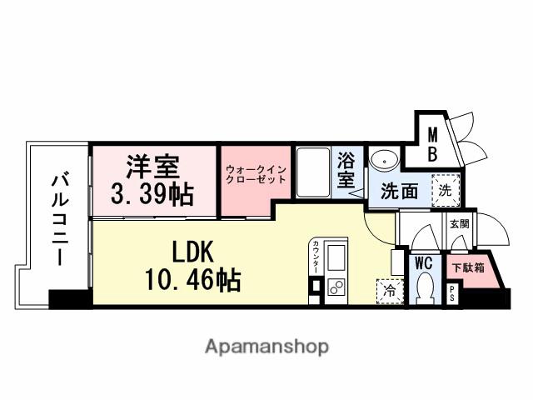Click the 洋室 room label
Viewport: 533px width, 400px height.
pos(153,166)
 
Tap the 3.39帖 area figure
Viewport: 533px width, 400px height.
pos(152,194)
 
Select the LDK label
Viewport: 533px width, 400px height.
pos(194,251)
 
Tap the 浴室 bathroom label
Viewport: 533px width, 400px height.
pos(346,169)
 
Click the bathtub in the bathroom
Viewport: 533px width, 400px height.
pos(314,171)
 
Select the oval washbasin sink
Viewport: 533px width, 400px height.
pos(384,160)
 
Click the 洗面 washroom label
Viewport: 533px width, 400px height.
pos(399,191)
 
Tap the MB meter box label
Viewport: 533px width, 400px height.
pos(434,142)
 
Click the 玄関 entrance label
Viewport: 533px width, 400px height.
pos(459,223)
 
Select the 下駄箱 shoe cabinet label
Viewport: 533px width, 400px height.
pos(466,268)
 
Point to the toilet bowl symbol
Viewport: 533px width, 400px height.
pos(425,289)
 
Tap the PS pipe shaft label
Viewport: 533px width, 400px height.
pos(452,294)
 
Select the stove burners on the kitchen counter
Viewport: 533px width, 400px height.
pos(338,288)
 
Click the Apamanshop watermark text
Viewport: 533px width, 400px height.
pos(266,346)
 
